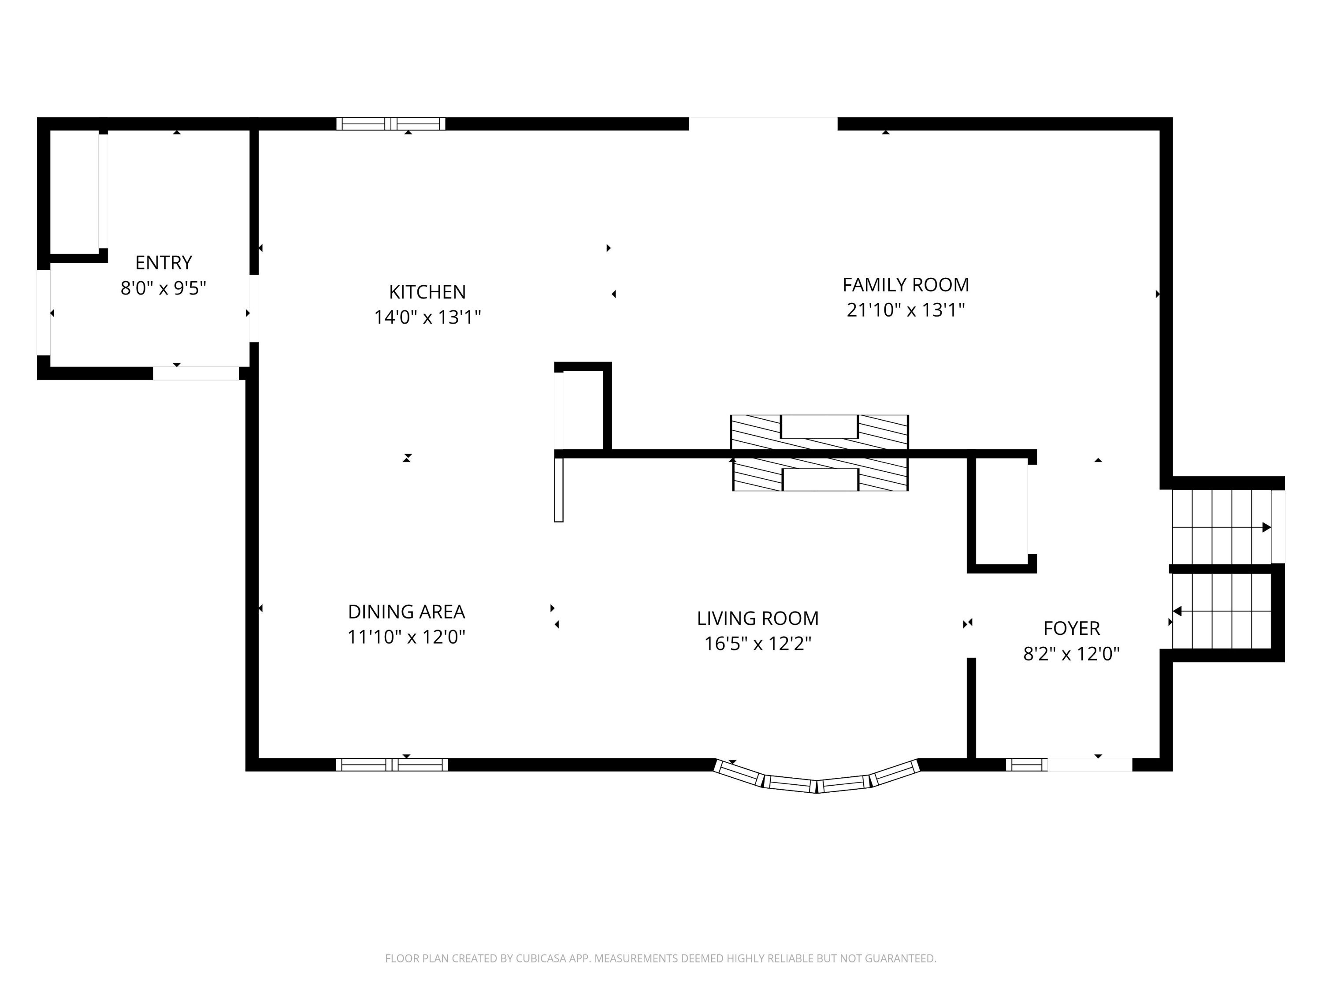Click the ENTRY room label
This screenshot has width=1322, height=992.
tap(163, 262)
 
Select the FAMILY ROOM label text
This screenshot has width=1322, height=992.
tap(906, 285)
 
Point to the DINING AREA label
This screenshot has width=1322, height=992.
tap(406, 612)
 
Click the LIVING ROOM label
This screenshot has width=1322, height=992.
tap(757, 618)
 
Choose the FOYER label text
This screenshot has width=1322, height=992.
tap(1071, 628)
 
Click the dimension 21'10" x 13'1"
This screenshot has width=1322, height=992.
tap(906, 310)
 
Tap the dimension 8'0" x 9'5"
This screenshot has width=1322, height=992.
tap(163, 288)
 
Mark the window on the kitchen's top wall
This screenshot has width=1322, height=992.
tap(390, 124)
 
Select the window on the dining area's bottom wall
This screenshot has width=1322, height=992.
tap(391, 765)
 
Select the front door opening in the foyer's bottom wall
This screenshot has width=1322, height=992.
tap(1089, 765)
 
